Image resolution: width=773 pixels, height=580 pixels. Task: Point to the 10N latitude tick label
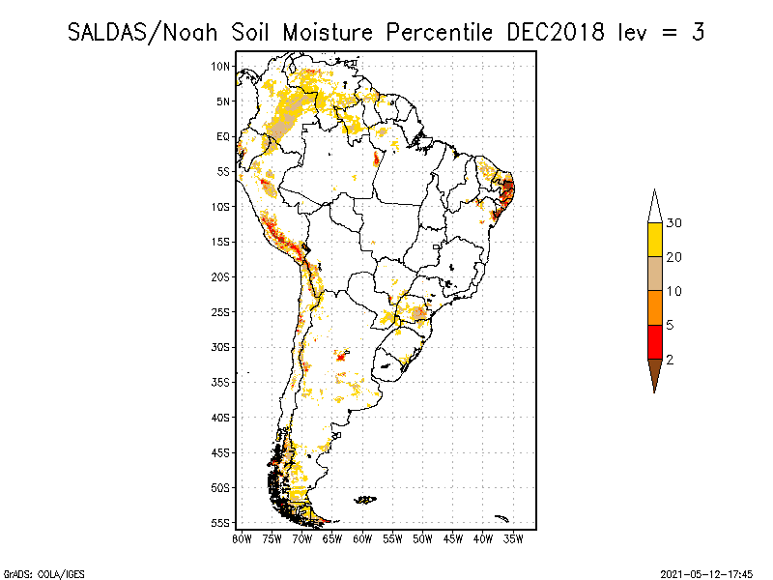coord(221,66)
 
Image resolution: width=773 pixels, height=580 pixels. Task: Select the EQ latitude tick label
coord(222,136)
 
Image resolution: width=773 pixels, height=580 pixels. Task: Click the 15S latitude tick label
coord(221,242)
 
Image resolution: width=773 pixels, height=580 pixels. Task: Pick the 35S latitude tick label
coord(221,382)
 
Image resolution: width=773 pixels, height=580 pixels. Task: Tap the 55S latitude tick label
coord(221,523)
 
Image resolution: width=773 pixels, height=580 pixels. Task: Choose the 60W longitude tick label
coord(362,538)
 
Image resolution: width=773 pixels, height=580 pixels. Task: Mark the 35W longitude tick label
coord(513,538)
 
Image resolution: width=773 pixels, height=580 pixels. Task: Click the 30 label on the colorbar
coord(674,223)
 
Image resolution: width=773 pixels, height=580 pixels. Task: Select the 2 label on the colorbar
coord(670,360)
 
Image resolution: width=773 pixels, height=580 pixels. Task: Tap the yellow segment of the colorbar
coord(654,240)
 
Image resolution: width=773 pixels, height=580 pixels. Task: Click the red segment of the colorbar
coord(654,341)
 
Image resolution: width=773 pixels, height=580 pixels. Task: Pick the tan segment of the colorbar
coord(654,274)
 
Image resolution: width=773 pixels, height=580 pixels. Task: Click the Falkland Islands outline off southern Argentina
coord(364,500)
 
